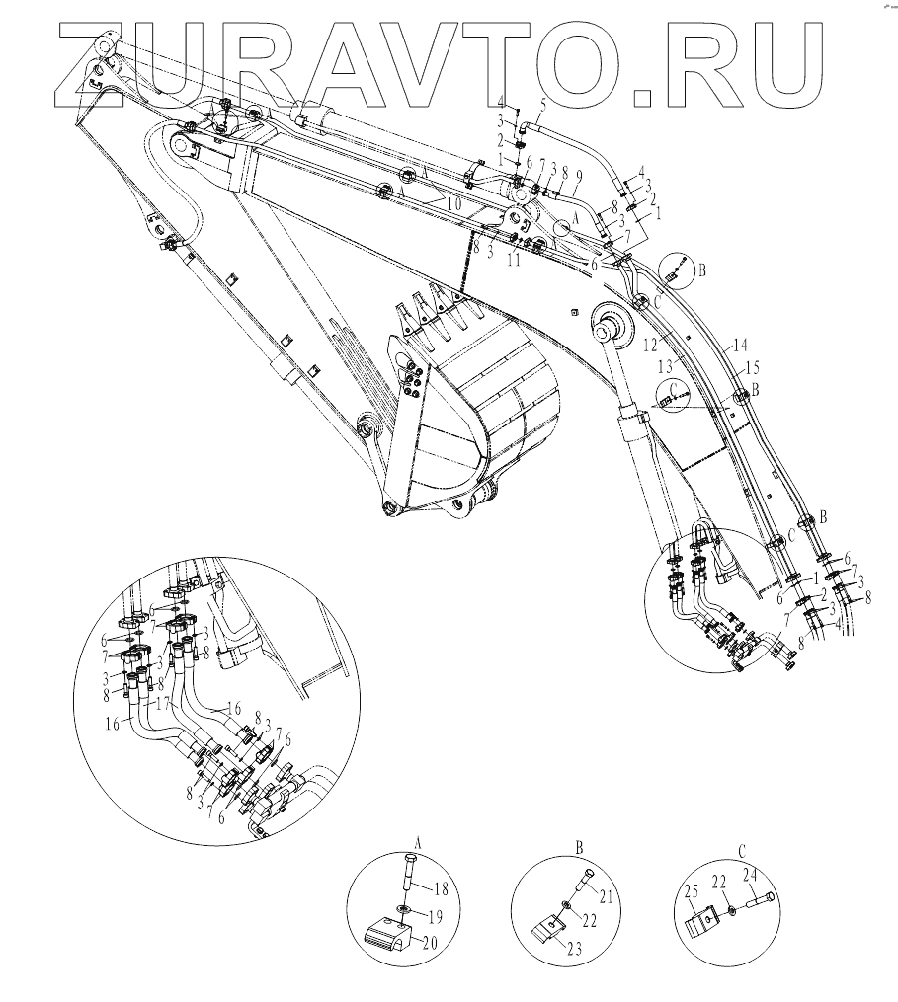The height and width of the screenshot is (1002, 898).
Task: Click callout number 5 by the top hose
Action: point(542,103)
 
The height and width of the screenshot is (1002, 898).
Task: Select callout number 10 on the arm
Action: point(453,204)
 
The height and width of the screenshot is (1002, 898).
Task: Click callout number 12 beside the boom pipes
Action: point(650,347)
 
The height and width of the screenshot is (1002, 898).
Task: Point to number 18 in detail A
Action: point(440,888)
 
